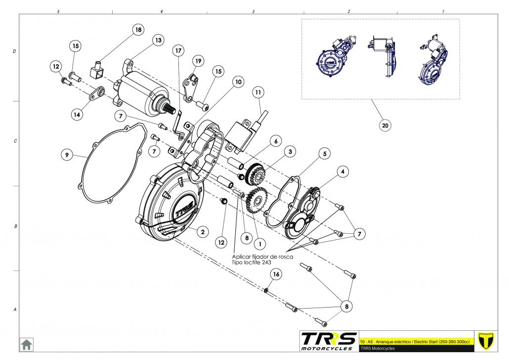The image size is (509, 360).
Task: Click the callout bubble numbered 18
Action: pos(138,30)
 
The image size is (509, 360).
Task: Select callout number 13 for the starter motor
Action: pos(158,40)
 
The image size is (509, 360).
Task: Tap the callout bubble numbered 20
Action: pos(385,126)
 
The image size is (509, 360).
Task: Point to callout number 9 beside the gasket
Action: pos(67,155)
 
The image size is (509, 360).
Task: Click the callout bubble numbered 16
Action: pos(276,274)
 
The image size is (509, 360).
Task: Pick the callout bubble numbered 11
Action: pos(257,92)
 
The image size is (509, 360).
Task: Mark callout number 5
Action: pos(324,154)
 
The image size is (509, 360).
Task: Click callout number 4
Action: pos(342,171)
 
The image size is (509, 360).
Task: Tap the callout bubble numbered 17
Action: pos(178,50)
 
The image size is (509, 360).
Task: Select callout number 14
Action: pos(77,114)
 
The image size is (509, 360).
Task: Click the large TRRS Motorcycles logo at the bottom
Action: pos(329,341)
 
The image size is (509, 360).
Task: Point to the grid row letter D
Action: pos(14,51)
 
